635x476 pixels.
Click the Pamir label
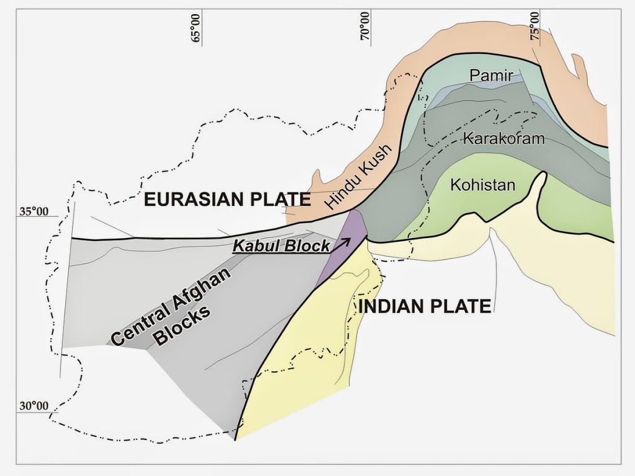(492, 76)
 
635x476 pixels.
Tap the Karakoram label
(504, 138)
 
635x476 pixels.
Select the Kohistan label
(483, 184)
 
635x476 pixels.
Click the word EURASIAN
(197, 200)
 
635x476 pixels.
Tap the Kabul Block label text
(281, 246)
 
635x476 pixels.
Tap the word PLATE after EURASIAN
(278, 200)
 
